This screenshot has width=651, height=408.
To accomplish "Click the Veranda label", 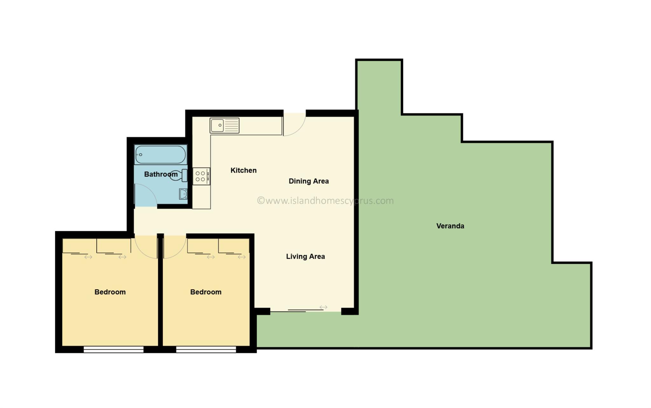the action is (450, 226).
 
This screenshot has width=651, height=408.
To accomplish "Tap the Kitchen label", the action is (243, 171).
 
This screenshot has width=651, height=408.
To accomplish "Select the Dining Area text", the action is (309, 181).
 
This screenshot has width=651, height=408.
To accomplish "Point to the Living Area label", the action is (305, 257).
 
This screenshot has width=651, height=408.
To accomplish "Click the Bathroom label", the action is (161, 174).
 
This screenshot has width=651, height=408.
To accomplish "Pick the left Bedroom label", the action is (110, 292).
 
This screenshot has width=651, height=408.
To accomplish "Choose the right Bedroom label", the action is (206, 292).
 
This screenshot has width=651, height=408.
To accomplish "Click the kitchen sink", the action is (224, 125).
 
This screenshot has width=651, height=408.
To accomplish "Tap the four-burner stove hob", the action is (201, 177).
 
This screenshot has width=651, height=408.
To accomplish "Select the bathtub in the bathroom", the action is (161, 155).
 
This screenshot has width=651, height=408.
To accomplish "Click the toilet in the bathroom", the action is (179, 175).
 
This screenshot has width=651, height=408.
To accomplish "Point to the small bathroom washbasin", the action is (183, 194).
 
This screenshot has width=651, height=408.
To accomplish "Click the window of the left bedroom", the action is (113, 350).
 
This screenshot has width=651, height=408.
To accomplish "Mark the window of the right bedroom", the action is (206, 350).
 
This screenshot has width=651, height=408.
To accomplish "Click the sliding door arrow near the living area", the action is (323, 307).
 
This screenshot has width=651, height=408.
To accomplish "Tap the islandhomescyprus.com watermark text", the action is (325, 201).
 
